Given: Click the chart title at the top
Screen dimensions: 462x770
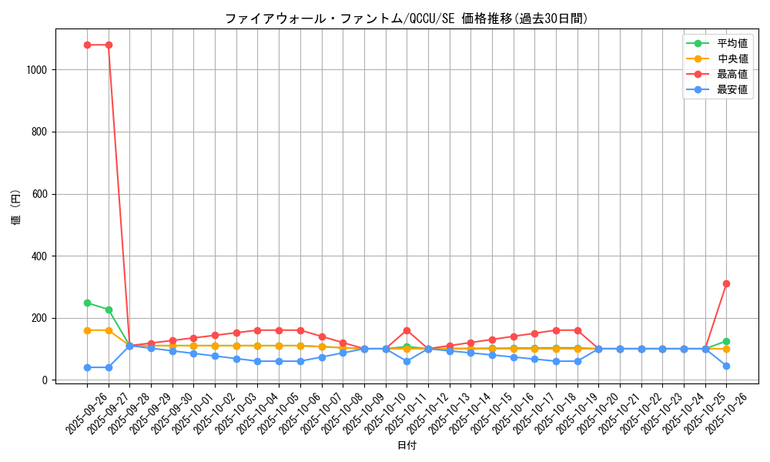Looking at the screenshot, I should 406,18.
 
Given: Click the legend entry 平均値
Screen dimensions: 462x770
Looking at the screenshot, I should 731,44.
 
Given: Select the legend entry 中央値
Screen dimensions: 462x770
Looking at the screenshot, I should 731,59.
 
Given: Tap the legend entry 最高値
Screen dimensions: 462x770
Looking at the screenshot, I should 731,75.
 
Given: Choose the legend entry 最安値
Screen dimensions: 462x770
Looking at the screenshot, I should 731,90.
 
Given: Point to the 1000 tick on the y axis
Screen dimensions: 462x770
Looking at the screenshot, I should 38,70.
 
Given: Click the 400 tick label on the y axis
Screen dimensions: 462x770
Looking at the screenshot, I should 41,256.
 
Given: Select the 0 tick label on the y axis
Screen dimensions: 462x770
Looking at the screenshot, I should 47,380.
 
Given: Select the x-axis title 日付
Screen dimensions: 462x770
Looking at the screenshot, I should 407,446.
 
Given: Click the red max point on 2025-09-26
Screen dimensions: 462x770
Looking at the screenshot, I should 87,45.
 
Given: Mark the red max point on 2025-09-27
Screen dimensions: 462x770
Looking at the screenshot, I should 109,45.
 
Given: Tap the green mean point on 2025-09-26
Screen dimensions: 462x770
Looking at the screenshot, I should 87,303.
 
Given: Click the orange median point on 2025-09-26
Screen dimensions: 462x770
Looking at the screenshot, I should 87,330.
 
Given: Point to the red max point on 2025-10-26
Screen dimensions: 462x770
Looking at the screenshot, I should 726,283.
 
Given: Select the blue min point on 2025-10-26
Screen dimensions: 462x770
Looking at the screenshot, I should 726,366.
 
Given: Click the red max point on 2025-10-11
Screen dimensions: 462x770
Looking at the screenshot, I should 407,330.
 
